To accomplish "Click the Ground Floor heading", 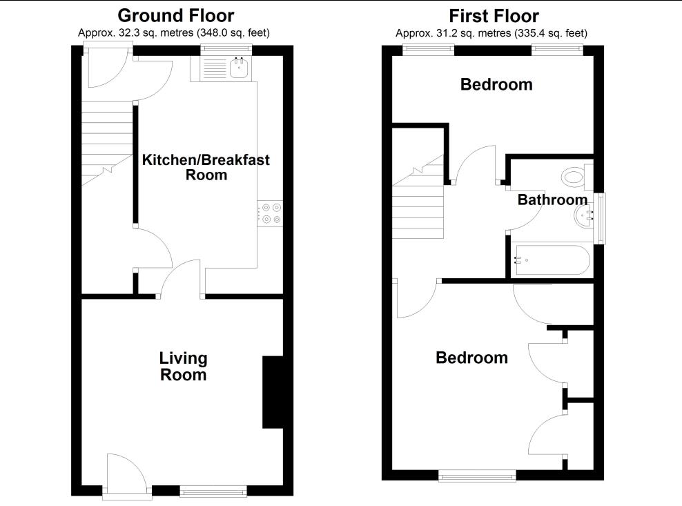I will pos(175,15).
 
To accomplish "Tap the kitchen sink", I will pos(239,67).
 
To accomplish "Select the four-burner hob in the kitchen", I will pos(270,212).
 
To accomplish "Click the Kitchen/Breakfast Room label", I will pos(206,167).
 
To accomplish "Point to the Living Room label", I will pos(183,367).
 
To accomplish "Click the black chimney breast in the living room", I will pos(273,392).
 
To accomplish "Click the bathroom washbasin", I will pos(584,217).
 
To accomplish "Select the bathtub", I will pos(551,261).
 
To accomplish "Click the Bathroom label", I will pos(552,200).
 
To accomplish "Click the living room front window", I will pos(213,491).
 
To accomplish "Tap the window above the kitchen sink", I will pos(226,49).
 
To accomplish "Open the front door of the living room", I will pos(126,476).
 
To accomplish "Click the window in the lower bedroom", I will pos(477,475).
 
